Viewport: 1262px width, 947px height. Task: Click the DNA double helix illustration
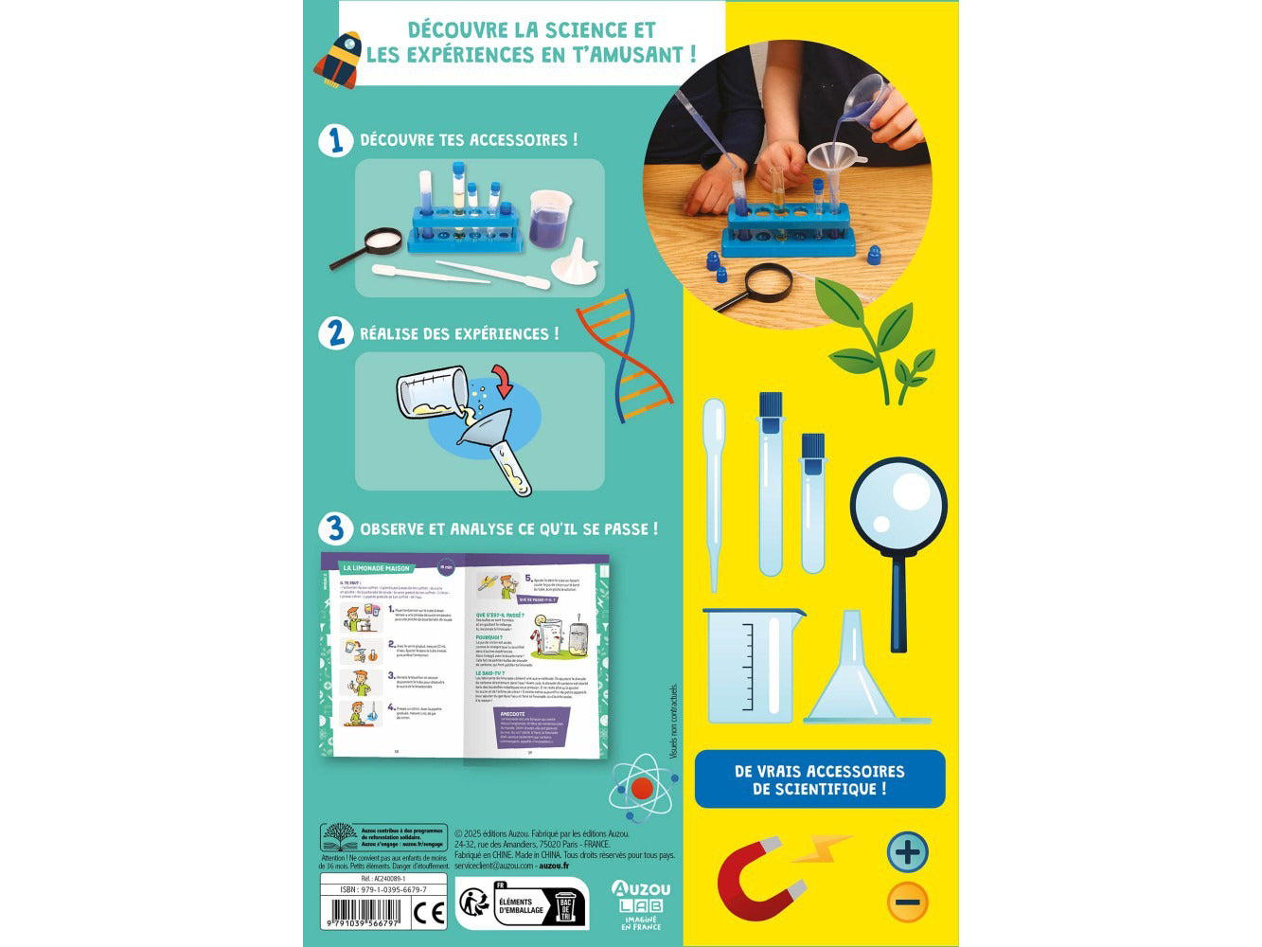[624, 349]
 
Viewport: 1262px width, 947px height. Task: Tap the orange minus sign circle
[907, 902]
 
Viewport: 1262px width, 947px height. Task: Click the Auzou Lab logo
[640, 903]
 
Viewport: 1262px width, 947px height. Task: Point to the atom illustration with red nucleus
[642, 786]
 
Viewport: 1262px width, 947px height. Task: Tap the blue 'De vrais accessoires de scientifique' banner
[819, 779]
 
